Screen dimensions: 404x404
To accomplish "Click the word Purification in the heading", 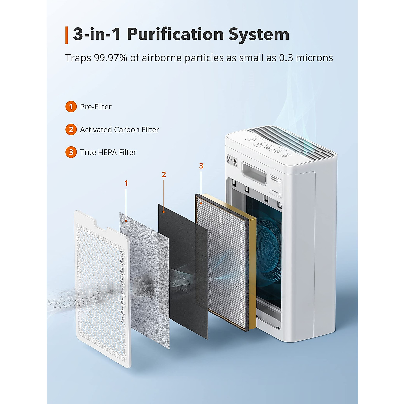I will (x=175, y=34).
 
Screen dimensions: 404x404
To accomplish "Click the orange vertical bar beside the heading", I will (x=67, y=35).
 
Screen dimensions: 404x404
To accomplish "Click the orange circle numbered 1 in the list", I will (x=71, y=107).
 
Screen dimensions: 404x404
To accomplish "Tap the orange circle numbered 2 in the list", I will (x=71, y=130).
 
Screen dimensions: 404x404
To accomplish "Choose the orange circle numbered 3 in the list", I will (x=71, y=152).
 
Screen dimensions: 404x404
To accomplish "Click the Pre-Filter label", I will (x=96, y=107).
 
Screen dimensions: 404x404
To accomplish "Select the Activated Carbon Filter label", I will (x=119, y=130).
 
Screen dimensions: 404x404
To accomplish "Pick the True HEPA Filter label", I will (x=108, y=152).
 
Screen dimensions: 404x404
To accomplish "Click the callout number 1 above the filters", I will (x=126, y=183).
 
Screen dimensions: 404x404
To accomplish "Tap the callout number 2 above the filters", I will (x=164, y=174).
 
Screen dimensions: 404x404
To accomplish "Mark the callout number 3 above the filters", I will (x=201, y=166).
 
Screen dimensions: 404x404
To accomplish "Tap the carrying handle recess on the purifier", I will (x=253, y=171).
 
